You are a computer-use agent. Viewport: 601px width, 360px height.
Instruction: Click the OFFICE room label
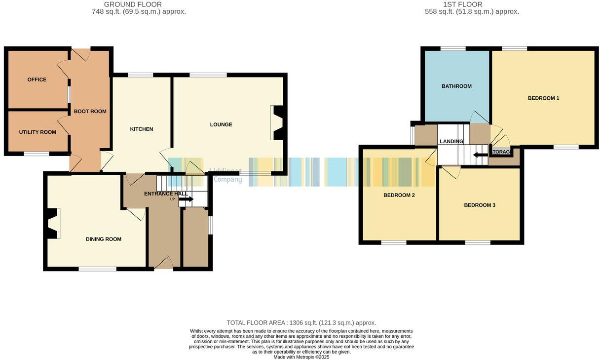tap(37, 80)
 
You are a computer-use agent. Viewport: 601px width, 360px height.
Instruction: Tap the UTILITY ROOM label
tap(38, 132)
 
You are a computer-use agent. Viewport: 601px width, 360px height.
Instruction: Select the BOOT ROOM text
tap(90, 112)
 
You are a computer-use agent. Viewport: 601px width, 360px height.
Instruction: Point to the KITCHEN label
tap(142, 129)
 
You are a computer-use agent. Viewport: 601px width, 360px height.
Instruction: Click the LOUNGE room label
tap(221, 124)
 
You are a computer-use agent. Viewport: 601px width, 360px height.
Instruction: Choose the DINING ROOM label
tap(104, 240)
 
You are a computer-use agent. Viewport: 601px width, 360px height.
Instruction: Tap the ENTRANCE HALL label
tap(166, 194)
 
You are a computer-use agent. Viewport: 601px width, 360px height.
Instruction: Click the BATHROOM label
tap(456, 86)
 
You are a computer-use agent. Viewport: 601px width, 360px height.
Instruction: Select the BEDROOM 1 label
tap(543, 98)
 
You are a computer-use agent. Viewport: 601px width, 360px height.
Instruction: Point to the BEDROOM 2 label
tap(399, 195)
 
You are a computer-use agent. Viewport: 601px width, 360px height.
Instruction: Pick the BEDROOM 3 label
tap(480, 205)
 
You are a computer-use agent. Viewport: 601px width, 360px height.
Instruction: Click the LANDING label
tap(451, 142)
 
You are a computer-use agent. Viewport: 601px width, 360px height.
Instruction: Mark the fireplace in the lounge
tap(278, 123)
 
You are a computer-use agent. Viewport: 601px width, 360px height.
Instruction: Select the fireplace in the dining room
tap(51, 224)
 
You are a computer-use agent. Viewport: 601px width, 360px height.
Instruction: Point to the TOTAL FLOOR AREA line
tap(301, 323)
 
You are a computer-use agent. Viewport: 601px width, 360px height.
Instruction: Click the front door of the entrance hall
tap(164, 264)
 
